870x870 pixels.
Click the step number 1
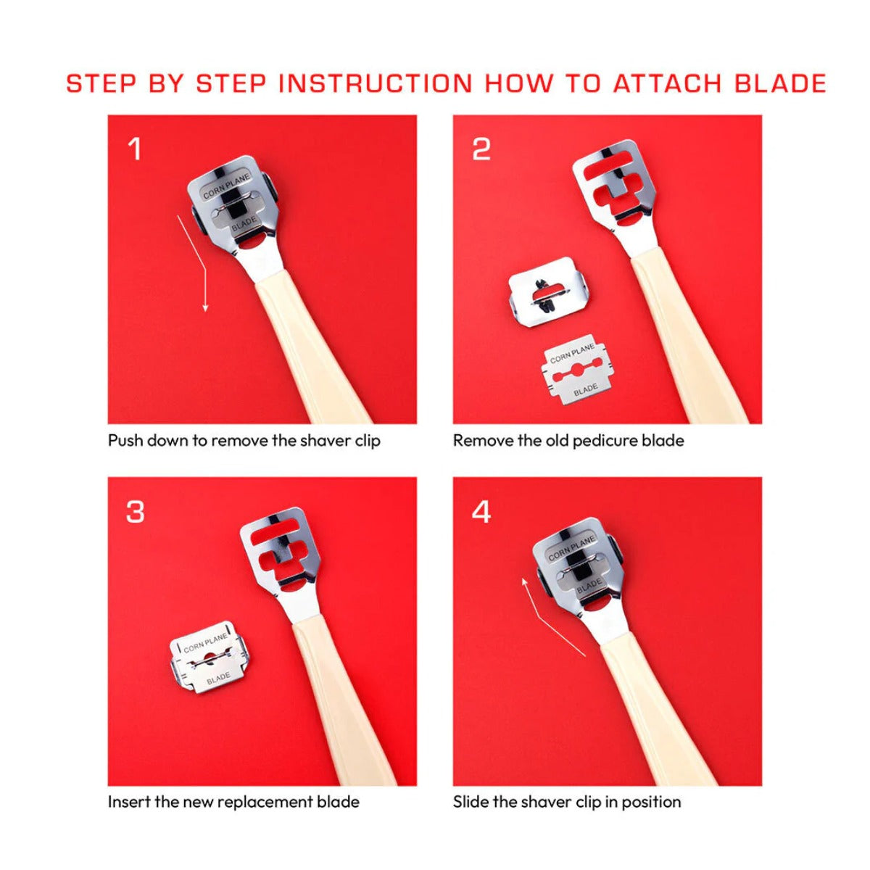pos(135,149)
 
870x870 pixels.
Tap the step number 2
pos(481,149)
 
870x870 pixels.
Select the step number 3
pos(135,513)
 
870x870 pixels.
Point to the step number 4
pos(481,513)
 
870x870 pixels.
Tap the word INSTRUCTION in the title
pos(375,83)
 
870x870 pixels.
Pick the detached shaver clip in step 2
pos(550,292)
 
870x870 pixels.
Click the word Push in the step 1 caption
pos(125,441)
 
